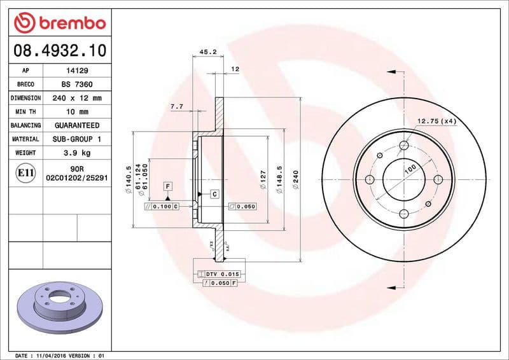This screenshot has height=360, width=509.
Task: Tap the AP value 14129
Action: click(x=76, y=71)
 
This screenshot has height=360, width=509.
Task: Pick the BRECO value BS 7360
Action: click(x=76, y=85)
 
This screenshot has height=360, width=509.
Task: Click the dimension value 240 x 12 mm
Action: click(x=76, y=98)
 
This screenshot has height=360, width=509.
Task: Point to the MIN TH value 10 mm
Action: click(x=76, y=112)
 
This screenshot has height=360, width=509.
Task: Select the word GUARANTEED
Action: click(x=76, y=125)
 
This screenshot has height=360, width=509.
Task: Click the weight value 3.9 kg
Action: click(x=76, y=153)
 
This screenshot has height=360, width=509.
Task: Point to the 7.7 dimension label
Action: click(x=176, y=107)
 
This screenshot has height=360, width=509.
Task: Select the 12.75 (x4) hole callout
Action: click(x=437, y=121)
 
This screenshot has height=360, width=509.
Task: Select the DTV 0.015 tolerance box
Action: click(x=217, y=273)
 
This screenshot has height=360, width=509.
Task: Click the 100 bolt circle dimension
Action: click(x=411, y=169)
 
